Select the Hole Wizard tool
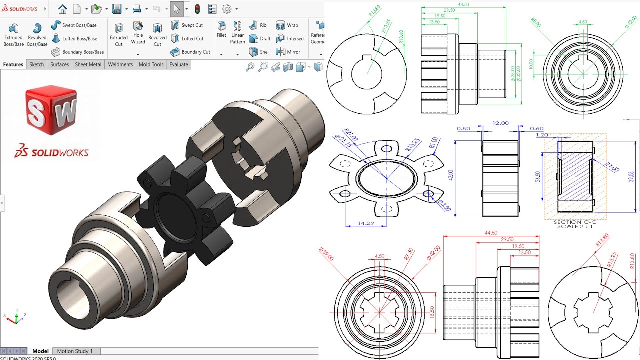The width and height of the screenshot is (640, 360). pos(138,33)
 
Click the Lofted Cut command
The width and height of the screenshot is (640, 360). pos(187,38)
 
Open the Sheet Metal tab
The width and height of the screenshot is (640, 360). pos(88,64)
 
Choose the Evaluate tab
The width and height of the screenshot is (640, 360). pos(178,64)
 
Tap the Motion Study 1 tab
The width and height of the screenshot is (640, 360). pos(75,351)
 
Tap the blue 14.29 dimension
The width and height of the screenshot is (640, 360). pos(366,223)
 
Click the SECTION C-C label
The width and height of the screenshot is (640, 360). pos(575,222)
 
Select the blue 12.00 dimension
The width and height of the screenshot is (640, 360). pos(500,123)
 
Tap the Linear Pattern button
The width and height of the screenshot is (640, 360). pos(237,33)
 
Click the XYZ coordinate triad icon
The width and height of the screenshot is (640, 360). pos(15,317)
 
